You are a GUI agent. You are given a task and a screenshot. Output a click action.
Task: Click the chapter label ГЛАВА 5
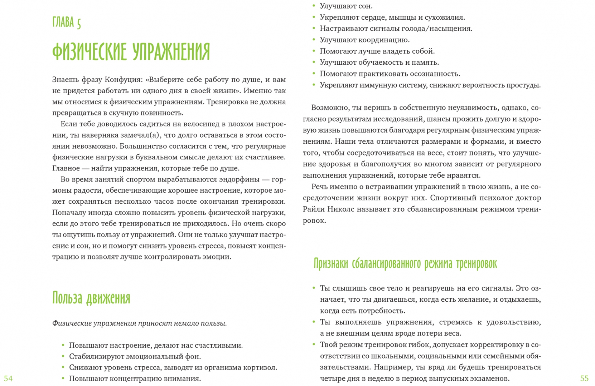(67, 23)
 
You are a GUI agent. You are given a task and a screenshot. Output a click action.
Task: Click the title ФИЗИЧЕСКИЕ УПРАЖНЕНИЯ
(131, 52)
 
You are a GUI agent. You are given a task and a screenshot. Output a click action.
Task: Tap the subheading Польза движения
(91, 298)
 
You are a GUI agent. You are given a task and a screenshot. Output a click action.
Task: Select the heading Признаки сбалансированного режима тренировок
(405, 264)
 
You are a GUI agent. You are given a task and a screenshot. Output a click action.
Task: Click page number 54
(8, 378)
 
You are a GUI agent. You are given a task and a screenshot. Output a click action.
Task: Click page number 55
(584, 378)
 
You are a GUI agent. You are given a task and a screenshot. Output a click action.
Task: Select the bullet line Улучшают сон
(346, 6)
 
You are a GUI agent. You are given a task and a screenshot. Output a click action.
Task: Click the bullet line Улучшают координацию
(364, 40)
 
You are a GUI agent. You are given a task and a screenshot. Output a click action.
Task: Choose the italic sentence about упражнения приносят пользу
(139, 323)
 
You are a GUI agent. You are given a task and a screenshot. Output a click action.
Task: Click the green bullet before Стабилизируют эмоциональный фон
(63, 356)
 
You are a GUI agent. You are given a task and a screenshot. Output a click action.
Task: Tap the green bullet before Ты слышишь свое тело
(314, 288)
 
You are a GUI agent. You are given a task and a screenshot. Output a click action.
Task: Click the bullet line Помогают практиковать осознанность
(390, 74)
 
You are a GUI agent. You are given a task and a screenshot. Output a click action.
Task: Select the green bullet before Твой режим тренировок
(314, 345)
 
